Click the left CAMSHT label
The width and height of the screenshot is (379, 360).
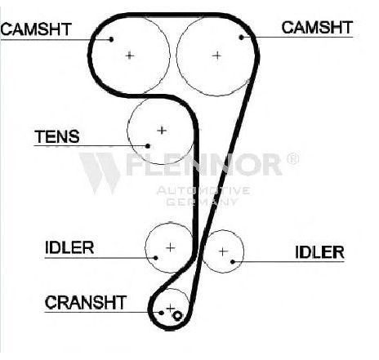[36, 29]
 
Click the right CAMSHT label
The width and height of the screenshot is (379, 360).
[317, 28]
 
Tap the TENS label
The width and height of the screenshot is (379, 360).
[57, 136]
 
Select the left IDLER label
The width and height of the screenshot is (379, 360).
[69, 247]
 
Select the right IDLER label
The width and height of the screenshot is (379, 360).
[319, 252]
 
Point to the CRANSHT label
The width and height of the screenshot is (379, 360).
[86, 303]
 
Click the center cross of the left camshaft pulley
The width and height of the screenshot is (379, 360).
[130, 56]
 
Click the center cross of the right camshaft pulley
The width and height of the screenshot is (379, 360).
[217, 56]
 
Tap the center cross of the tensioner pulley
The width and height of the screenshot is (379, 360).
[162, 131]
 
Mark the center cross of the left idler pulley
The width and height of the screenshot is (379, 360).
[171, 247]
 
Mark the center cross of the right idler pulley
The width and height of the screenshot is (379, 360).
[223, 251]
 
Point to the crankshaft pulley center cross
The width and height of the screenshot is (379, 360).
[171, 309]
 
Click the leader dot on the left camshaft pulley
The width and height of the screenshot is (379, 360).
[111, 39]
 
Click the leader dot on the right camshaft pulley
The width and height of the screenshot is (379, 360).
[241, 38]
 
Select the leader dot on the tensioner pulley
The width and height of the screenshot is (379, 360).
[148, 146]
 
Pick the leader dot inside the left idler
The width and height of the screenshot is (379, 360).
[156, 258]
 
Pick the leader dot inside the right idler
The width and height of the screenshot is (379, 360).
[233, 262]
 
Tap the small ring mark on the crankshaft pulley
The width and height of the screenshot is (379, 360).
[177, 316]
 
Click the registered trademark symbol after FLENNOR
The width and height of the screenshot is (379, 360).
[292, 158]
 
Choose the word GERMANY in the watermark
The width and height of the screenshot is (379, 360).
[202, 202]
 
